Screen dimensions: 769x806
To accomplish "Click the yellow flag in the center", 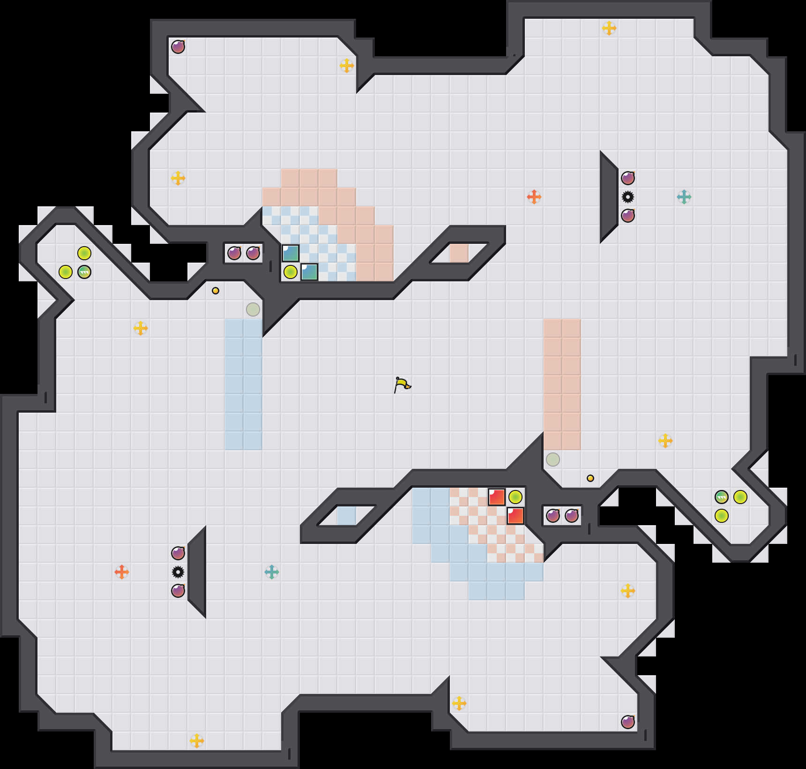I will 402,385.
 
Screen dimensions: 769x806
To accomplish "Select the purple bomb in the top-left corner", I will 178,47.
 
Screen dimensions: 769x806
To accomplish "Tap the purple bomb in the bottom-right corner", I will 628,722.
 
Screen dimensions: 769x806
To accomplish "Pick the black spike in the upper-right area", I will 628,197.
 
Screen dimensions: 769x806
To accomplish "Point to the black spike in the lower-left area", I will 178,572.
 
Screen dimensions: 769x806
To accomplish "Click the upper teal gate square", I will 291,253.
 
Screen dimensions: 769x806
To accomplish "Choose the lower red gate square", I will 515,516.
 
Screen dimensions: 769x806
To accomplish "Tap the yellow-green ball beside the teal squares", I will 291,272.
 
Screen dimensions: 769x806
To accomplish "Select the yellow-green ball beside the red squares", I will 515,497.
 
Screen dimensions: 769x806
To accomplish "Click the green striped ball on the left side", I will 84,272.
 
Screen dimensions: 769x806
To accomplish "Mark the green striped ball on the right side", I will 722,497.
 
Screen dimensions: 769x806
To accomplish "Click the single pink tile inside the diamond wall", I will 459,253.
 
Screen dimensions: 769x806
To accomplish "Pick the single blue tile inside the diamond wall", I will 347,516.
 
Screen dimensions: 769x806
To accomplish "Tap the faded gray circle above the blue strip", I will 253,309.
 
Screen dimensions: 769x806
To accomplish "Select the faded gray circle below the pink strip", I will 553,460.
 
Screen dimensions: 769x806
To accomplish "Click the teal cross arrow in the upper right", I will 684,197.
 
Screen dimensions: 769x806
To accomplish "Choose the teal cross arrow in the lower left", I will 272,572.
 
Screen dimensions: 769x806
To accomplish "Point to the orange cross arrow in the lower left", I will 122,572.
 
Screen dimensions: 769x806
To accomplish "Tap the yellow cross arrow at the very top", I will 609,28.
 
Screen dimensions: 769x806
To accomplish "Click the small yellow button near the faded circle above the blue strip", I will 216,291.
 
